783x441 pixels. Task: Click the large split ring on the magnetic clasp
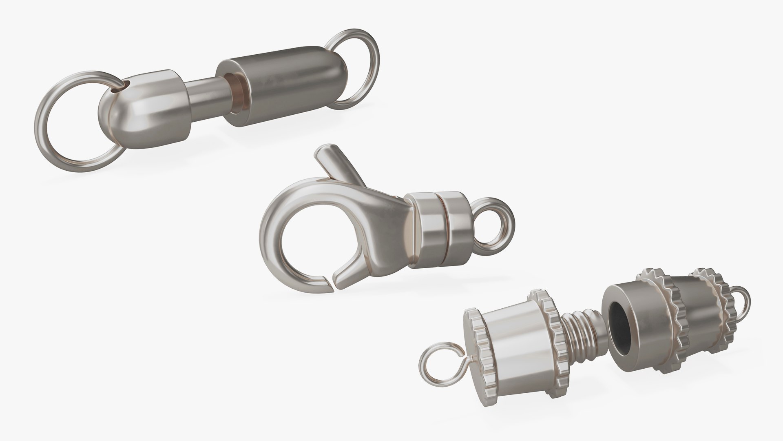tap(48, 122)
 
